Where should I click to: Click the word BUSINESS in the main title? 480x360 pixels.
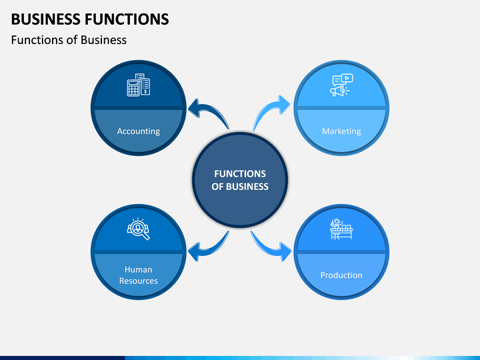click(46, 19)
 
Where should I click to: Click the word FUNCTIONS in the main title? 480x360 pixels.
click(127, 19)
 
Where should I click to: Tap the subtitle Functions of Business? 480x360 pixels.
click(69, 40)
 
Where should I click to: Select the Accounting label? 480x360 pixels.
click(139, 131)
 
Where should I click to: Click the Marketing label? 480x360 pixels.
click(341, 131)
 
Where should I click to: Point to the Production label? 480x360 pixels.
click(341, 275)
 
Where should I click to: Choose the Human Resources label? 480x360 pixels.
click(139, 275)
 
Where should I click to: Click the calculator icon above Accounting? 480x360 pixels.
click(139, 85)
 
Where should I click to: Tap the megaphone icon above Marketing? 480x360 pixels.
click(341, 85)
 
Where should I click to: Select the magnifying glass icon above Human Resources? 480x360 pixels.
click(139, 229)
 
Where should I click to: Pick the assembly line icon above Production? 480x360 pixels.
click(341, 229)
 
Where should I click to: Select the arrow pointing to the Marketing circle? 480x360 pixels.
click(269, 109)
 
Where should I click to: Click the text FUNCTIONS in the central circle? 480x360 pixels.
click(240, 174)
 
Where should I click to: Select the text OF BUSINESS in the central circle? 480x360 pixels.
click(240, 187)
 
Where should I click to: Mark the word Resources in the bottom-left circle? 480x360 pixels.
click(139, 281)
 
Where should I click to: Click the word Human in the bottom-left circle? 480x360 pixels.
click(139, 269)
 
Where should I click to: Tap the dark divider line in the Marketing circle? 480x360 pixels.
click(341, 108)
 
